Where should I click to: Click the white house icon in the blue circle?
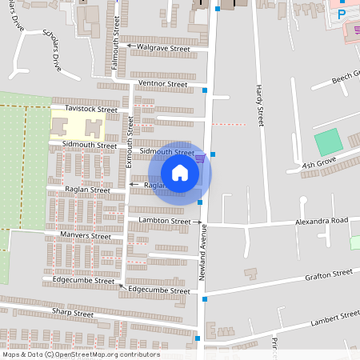tap(180, 173)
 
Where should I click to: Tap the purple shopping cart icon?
tap(200, 158)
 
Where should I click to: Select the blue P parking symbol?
tap(342, 14)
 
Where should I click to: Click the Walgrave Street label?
tap(163, 48)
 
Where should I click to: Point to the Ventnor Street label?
tap(162, 84)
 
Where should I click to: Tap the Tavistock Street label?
tap(85, 109)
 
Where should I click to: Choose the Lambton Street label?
tap(164, 220)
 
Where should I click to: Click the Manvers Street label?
tap(86, 236)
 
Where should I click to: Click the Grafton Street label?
tap(328, 274)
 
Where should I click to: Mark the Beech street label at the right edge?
tap(347, 77)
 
